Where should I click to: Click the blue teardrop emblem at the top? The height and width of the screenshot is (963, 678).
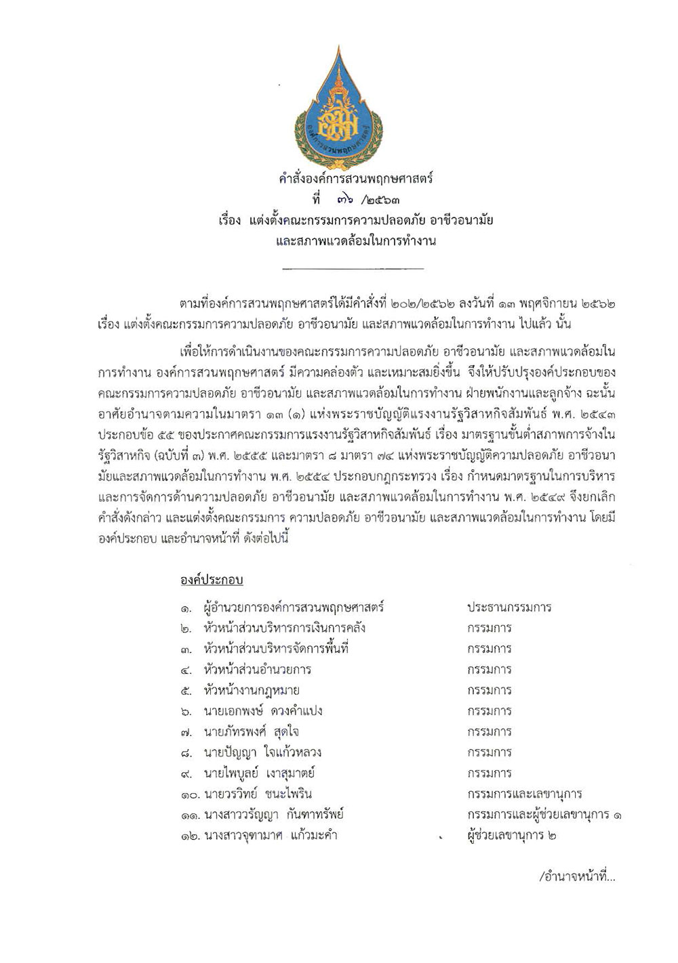(338, 108)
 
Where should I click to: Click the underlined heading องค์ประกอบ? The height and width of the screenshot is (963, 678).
(212, 580)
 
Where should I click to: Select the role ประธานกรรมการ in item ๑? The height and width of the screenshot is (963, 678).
(509, 607)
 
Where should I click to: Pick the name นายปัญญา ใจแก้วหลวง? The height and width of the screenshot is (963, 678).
(262, 752)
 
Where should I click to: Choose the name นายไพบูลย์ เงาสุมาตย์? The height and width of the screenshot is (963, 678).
(259, 773)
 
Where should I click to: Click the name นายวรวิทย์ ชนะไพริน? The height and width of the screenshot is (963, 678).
(252, 794)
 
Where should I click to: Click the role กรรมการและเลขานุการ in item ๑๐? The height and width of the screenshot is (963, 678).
(524, 794)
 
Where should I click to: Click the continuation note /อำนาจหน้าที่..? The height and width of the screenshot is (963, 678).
(577, 878)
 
